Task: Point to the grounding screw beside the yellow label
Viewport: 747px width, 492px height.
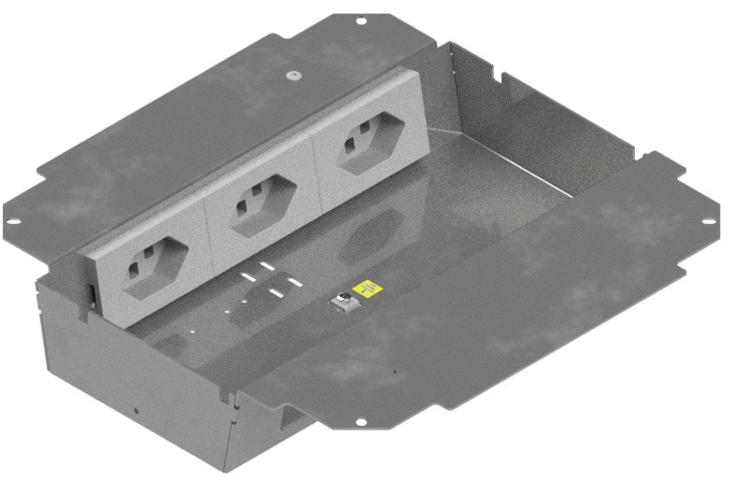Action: click(x=343, y=302)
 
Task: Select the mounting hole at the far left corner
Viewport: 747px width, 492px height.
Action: click(x=14, y=222)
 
